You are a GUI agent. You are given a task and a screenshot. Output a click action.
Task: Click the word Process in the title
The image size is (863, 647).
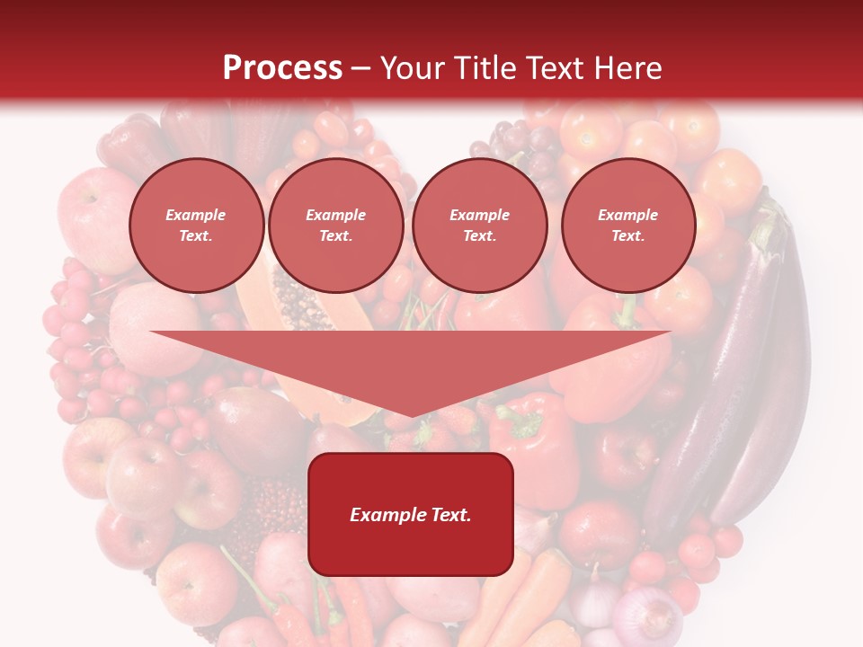[282, 67]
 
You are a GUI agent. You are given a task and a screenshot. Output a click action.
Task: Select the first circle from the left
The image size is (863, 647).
[196, 226]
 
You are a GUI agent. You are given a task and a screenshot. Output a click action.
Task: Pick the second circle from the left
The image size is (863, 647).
[335, 226]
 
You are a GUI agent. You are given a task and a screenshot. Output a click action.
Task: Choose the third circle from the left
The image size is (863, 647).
[479, 226]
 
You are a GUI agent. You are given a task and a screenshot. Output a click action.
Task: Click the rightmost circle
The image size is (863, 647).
[627, 226]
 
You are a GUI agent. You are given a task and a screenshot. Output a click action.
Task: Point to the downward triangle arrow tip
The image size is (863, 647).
[411, 413]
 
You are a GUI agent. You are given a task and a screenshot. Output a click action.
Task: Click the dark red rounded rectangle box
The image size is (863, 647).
[411, 514]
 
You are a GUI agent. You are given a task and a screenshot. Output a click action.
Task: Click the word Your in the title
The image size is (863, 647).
[410, 67]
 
